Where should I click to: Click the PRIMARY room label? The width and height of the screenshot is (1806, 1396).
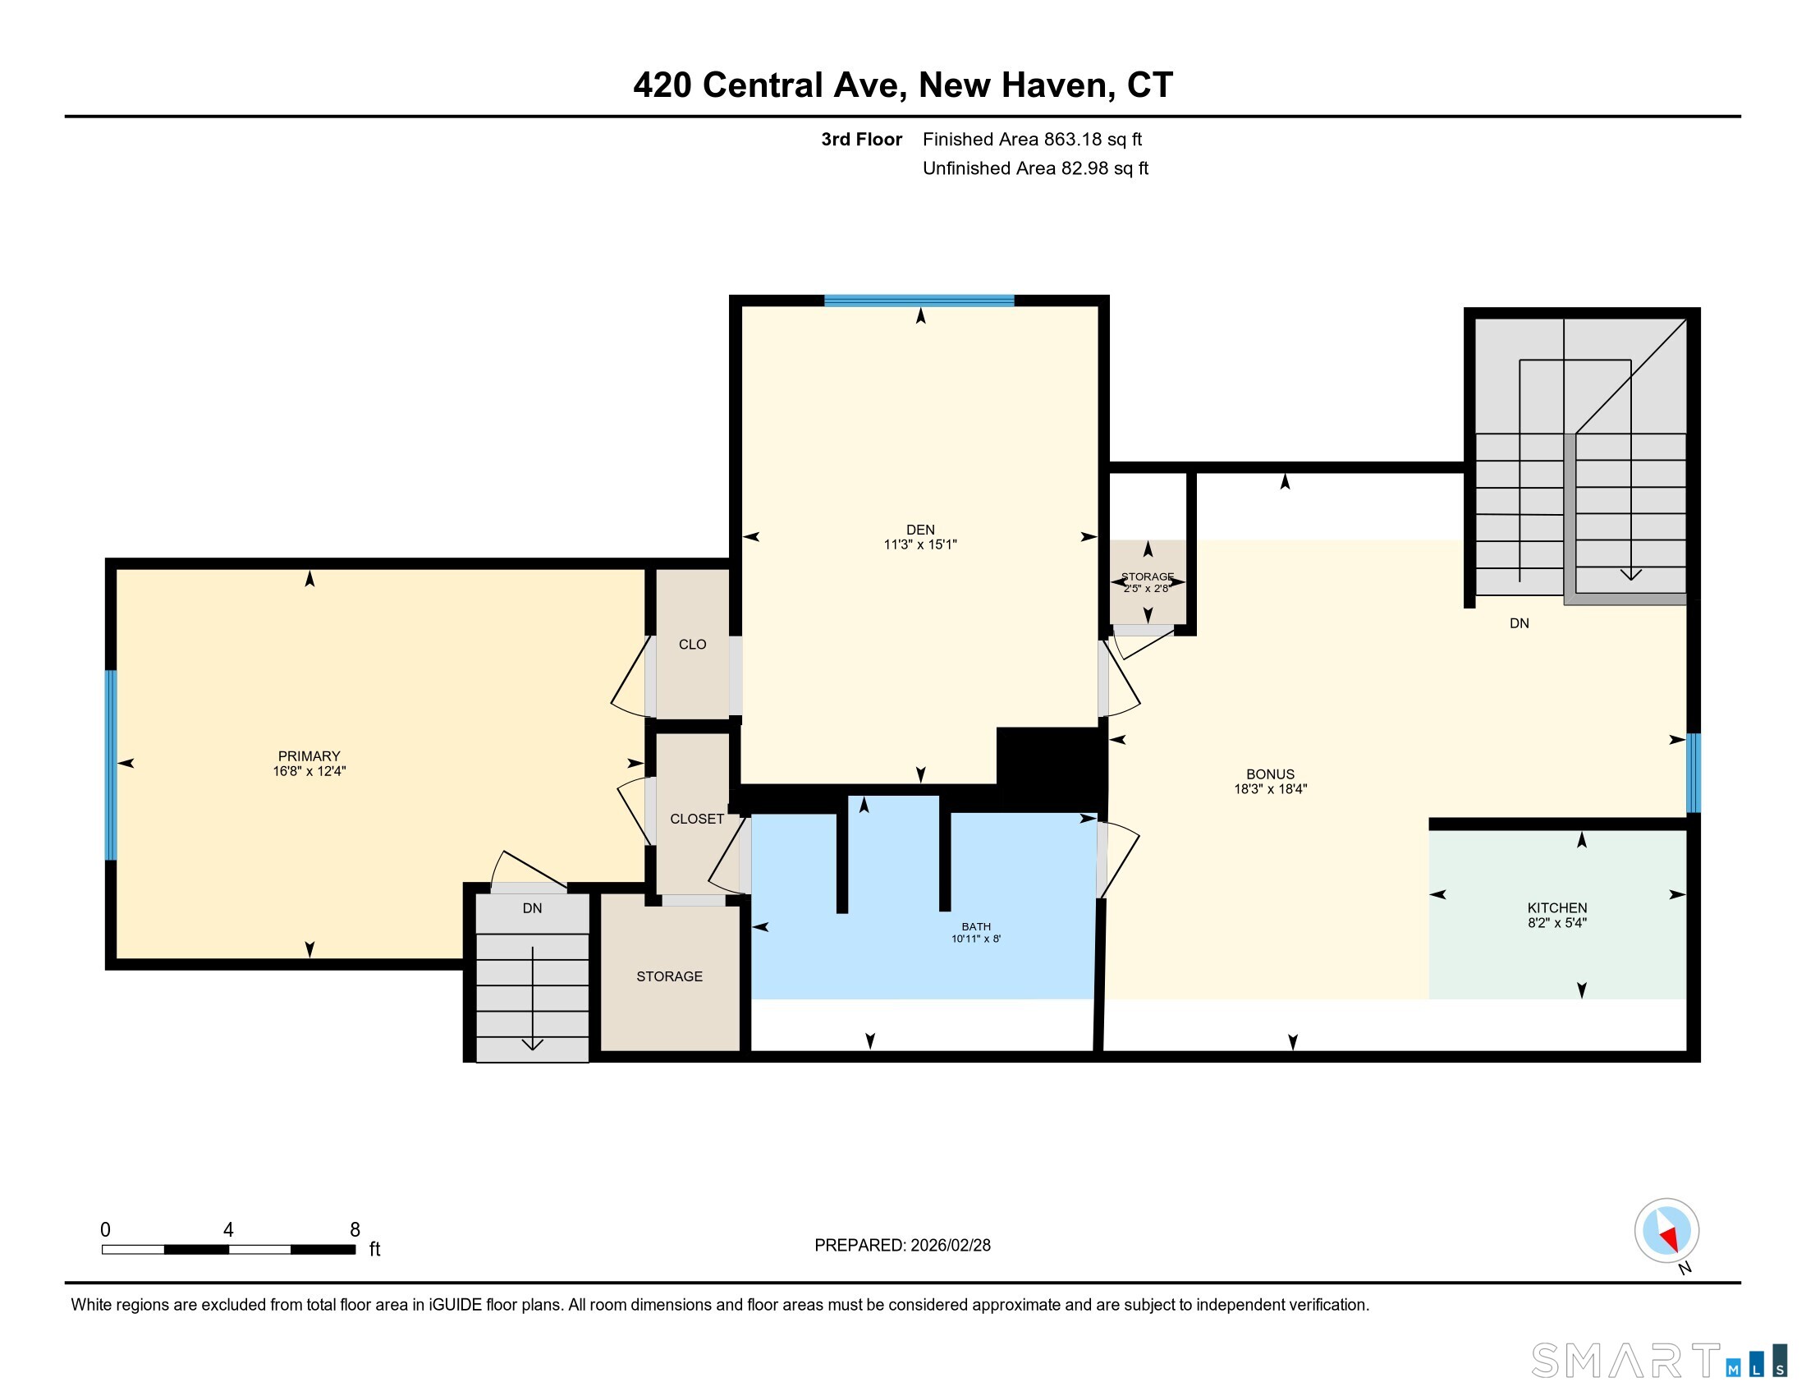tap(309, 755)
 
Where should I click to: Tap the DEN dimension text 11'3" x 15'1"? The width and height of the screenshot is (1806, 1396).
tap(919, 544)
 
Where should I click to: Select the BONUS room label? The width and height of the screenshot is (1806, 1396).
tap(1270, 774)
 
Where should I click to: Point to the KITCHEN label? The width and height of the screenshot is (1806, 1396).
tap(1557, 907)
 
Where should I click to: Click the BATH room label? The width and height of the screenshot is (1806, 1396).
tap(976, 926)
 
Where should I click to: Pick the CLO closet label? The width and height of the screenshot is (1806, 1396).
tap(692, 645)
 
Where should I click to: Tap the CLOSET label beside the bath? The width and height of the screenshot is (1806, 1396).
tap(697, 819)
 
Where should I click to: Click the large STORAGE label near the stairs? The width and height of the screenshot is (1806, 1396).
tap(669, 976)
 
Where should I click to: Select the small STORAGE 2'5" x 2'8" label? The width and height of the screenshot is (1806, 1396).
tap(1147, 582)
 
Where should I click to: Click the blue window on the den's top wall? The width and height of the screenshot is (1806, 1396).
tap(919, 301)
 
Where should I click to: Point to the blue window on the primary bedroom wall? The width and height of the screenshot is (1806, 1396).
tap(111, 765)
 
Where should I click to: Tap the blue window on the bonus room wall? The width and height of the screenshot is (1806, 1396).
tap(1693, 773)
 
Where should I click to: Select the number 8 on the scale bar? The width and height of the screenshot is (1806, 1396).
tap(355, 1229)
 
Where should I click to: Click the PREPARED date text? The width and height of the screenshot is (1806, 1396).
tap(902, 1245)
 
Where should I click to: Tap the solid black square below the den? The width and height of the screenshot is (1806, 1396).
tap(1051, 768)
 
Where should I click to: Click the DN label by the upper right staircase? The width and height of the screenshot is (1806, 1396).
tap(1519, 622)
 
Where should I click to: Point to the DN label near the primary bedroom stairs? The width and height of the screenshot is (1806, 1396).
tap(532, 907)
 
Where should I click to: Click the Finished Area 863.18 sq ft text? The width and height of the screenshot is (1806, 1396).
tap(1032, 139)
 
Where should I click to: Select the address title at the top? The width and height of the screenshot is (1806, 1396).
tap(903, 85)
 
